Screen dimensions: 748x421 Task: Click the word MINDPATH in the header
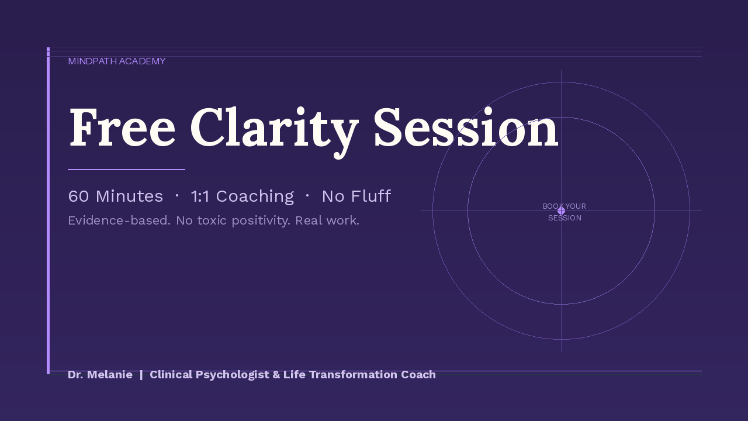pos(92,61)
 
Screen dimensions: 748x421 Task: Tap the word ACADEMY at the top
pos(142,61)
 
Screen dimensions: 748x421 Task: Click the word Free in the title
pos(122,127)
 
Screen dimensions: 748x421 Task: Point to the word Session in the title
pos(466,127)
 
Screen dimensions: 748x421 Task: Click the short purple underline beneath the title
pos(127,170)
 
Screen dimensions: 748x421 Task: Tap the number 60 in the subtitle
pos(78,196)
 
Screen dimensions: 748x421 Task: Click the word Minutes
pos(129,196)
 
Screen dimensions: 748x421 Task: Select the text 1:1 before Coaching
pos(200,196)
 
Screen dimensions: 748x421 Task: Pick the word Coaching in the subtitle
pos(255,196)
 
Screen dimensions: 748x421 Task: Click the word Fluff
pos(371,196)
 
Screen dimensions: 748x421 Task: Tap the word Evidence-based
pos(119,220)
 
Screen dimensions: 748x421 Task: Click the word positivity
pos(261,221)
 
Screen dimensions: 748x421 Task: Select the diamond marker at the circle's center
pos(562,211)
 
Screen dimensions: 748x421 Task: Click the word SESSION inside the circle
pos(565,218)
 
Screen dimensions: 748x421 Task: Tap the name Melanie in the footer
pos(109,375)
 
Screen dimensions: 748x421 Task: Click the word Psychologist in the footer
pos(232,375)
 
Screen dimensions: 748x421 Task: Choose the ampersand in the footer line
pos(276,375)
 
